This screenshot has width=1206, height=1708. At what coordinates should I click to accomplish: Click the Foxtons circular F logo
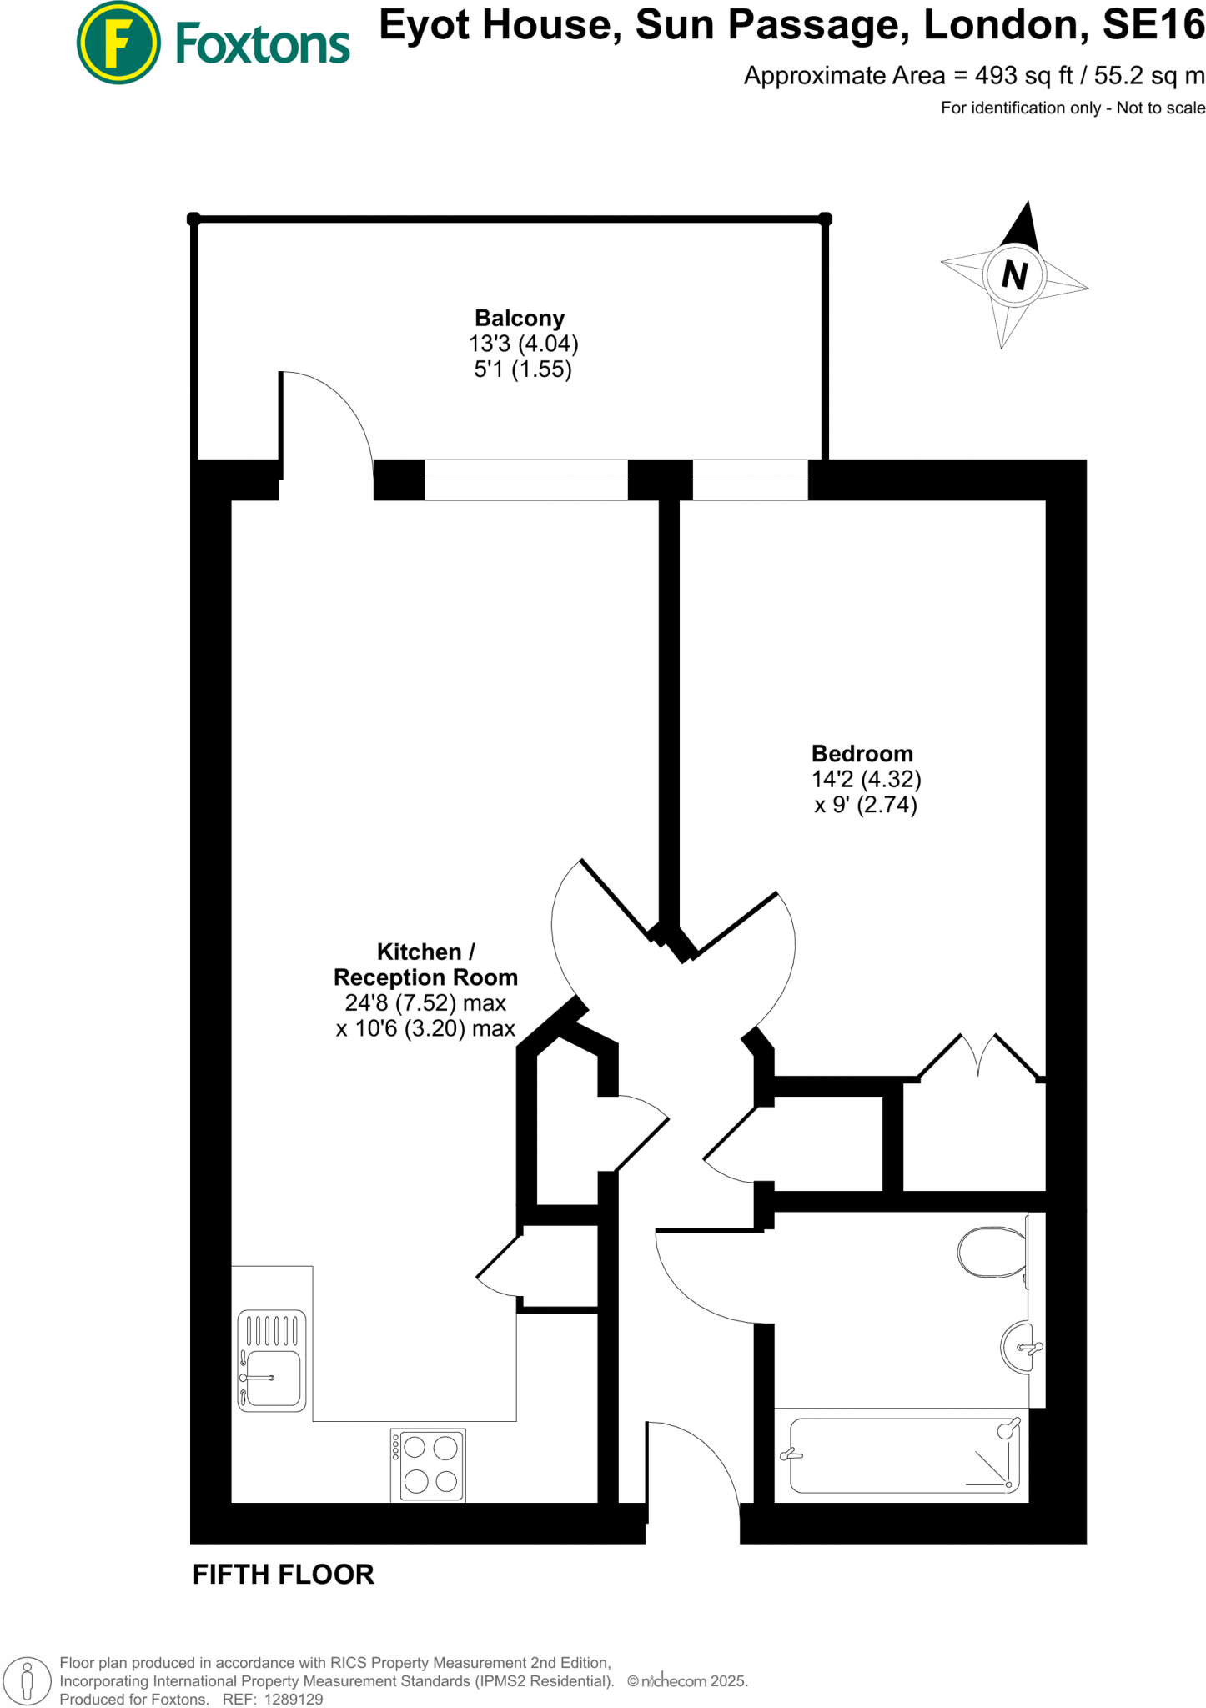pyautogui.click(x=118, y=43)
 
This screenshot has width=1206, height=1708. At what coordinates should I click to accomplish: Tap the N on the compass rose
pyautogui.click(x=1014, y=274)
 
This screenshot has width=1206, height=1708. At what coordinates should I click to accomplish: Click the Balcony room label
pyautogui.click(x=520, y=318)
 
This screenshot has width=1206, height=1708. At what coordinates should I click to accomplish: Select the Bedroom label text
pyautogui.click(x=862, y=754)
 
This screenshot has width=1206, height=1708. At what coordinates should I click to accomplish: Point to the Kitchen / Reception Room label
pyautogui.click(x=425, y=965)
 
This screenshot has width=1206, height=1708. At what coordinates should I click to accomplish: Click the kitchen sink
pyautogui.click(x=272, y=1360)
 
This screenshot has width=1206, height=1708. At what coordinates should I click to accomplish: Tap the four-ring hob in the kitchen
pyautogui.click(x=428, y=1464)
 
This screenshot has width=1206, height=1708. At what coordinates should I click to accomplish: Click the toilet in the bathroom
pyautogui.click(x=992, y=1252)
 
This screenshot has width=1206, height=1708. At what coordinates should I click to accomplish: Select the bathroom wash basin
pyautogui.click(x=1019, y=1347)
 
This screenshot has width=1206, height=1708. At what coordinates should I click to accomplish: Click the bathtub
pyautogui.click(x=904, y=1455)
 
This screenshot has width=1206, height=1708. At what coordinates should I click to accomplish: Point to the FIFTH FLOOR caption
pyautogui.click(x=284, y=1575)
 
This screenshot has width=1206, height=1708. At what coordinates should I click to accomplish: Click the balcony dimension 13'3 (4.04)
pyautogui.click(x=523, y=344)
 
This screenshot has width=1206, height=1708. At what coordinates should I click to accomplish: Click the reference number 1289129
pyautogui.click(x=293, y=1699)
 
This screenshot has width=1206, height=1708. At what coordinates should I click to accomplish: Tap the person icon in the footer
pyautogui.click(x=27, y=1680)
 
